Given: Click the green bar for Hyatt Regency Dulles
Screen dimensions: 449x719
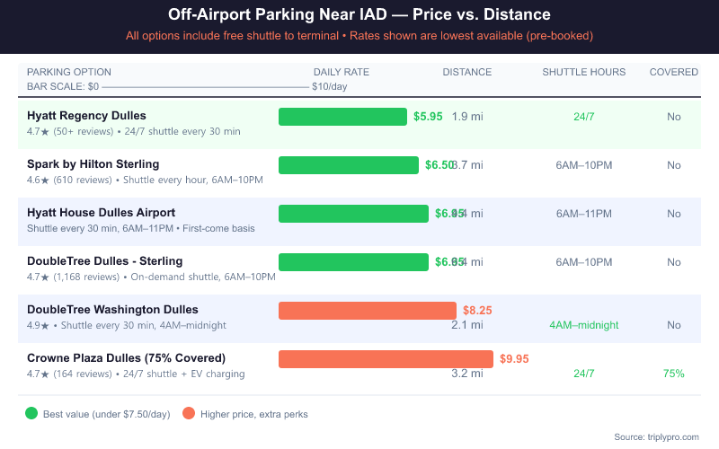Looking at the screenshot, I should coord(342,117).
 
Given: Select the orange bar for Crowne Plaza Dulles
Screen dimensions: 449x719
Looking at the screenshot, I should coord(386,359).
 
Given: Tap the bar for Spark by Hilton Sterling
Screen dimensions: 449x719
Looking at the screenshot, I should coord(349,165).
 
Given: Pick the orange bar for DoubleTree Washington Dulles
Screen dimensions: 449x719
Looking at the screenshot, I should coord(368,311).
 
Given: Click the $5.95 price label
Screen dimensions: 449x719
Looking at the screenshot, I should coord(428,117).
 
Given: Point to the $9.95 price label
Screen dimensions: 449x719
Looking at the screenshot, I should coord(514,359).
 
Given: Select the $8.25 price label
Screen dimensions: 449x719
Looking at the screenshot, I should coord(477,311).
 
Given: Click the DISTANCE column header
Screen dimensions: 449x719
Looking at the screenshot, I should coord(466,72).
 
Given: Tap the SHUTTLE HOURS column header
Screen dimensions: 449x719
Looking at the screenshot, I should coord(583,72).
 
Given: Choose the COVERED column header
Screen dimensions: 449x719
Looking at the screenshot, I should coord(673,72).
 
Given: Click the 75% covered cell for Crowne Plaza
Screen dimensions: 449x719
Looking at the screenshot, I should coord(673,374).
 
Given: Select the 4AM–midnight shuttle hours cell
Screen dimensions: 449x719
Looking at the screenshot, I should coord(583,325).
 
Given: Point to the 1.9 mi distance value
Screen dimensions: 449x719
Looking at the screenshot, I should coord(466,117).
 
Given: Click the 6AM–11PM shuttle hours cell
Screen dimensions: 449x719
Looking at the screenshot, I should coord(583,214).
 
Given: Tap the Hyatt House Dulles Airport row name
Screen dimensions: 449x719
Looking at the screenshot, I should coord(101,213).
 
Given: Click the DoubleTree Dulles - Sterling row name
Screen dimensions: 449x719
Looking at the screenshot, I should coord(104,261).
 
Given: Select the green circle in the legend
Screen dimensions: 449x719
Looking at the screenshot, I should coord(31,414).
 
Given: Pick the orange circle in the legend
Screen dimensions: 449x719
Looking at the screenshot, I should coord(189,414).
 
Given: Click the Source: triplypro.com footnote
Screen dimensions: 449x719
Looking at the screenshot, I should coord(656,436).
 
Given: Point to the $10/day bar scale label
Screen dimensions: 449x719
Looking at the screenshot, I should coord(329,87).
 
